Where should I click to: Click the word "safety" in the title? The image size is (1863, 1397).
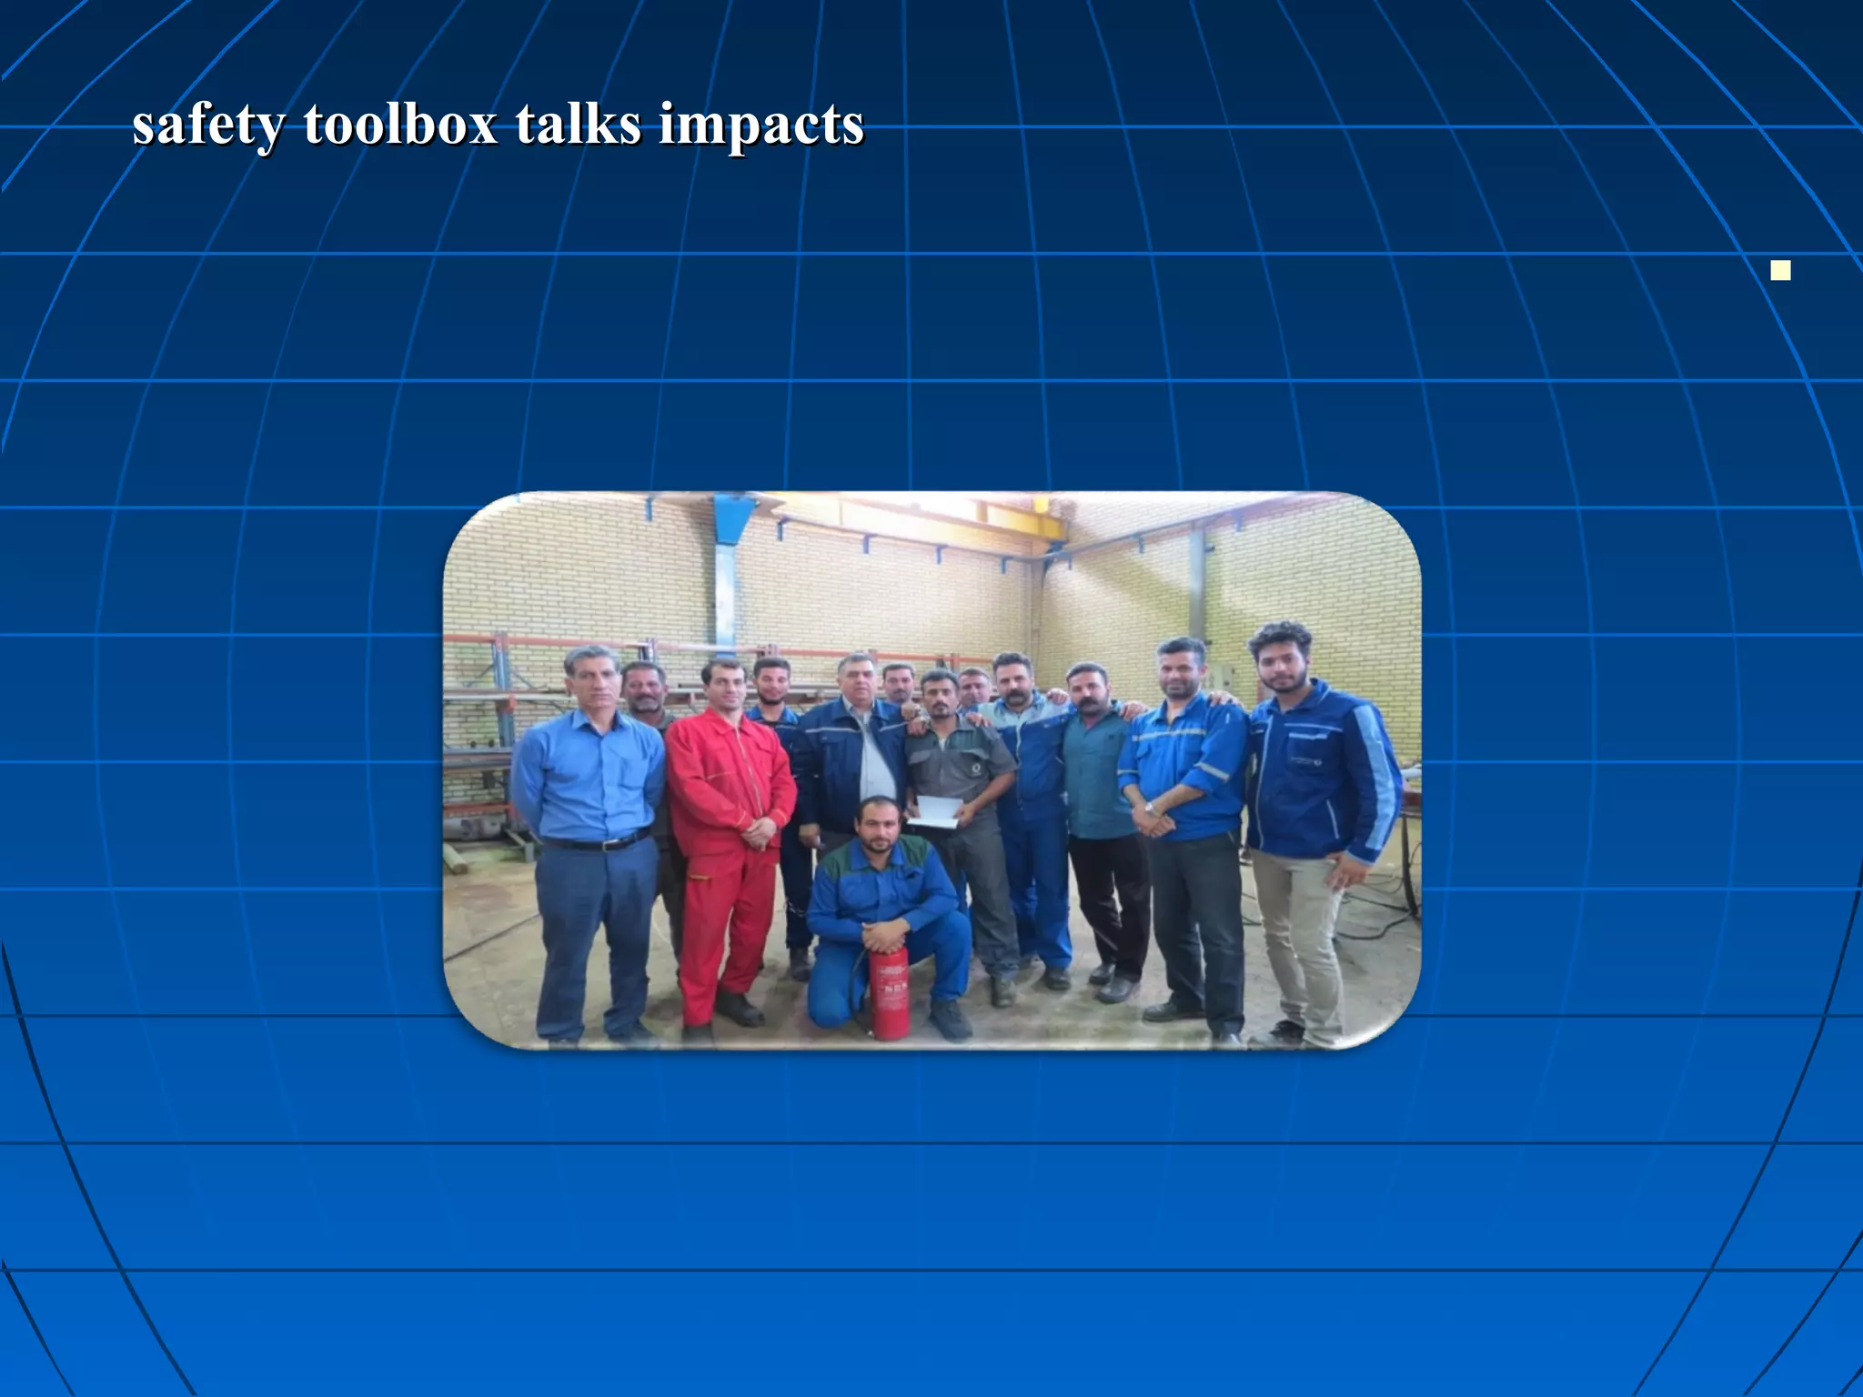(x=207, y=125)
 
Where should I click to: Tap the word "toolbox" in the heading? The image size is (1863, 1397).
(x=400, y=125)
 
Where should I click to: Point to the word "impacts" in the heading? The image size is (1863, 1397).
(x=760, y=125)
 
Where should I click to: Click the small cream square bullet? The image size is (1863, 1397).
(x=1780, y=270)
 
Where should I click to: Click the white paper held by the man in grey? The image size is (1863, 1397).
(x=935, y=812)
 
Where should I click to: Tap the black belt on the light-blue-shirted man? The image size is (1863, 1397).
(x=596, y=842)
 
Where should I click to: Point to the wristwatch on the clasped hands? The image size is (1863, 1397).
(x=1150, y=808)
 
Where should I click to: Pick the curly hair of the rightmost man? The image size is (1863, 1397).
(x=1280, y=638)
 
